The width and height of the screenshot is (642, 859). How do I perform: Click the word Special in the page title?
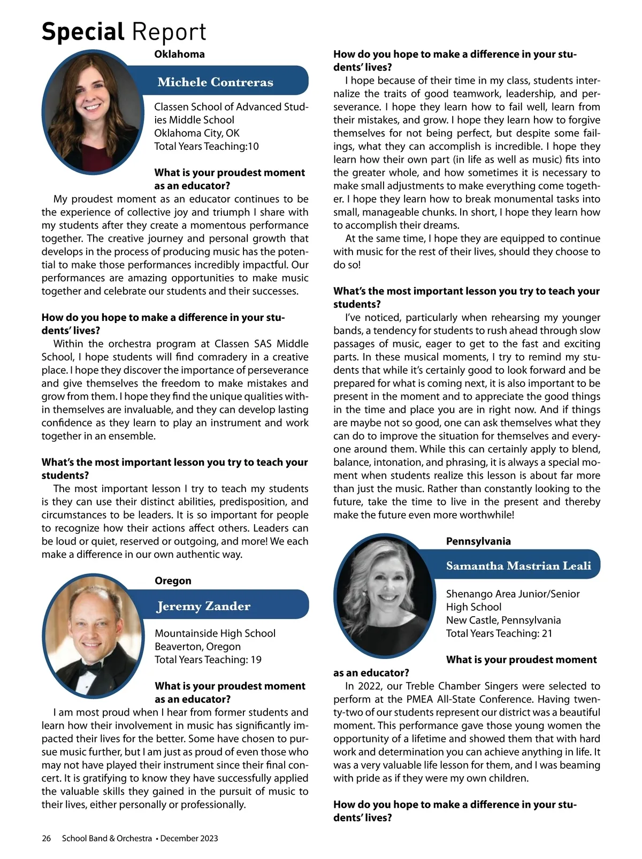[83, 32]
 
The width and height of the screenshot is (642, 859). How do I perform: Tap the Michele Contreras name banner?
[215, 82]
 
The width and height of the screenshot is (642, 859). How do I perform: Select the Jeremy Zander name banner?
[203, 606]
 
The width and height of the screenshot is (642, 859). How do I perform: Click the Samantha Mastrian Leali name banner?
[518, 565]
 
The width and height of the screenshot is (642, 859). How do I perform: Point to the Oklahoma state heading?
[179, 54]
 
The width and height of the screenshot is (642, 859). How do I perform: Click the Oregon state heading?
[173, 580]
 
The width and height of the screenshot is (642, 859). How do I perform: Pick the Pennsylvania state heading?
[478, 541]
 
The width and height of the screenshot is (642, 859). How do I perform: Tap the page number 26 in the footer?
[47, 838]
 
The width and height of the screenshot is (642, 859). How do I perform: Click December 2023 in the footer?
[189, 838]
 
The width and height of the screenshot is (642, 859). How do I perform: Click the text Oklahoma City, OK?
[197, 133]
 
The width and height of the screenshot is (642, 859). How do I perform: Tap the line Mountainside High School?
[215, 633]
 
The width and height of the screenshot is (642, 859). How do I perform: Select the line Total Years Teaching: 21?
[499, 633]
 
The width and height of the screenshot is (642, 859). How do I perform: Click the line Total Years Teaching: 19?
[208, 659]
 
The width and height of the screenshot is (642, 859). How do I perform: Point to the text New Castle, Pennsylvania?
[503, 620]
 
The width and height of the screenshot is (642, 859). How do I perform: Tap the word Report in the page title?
[169, 32]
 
